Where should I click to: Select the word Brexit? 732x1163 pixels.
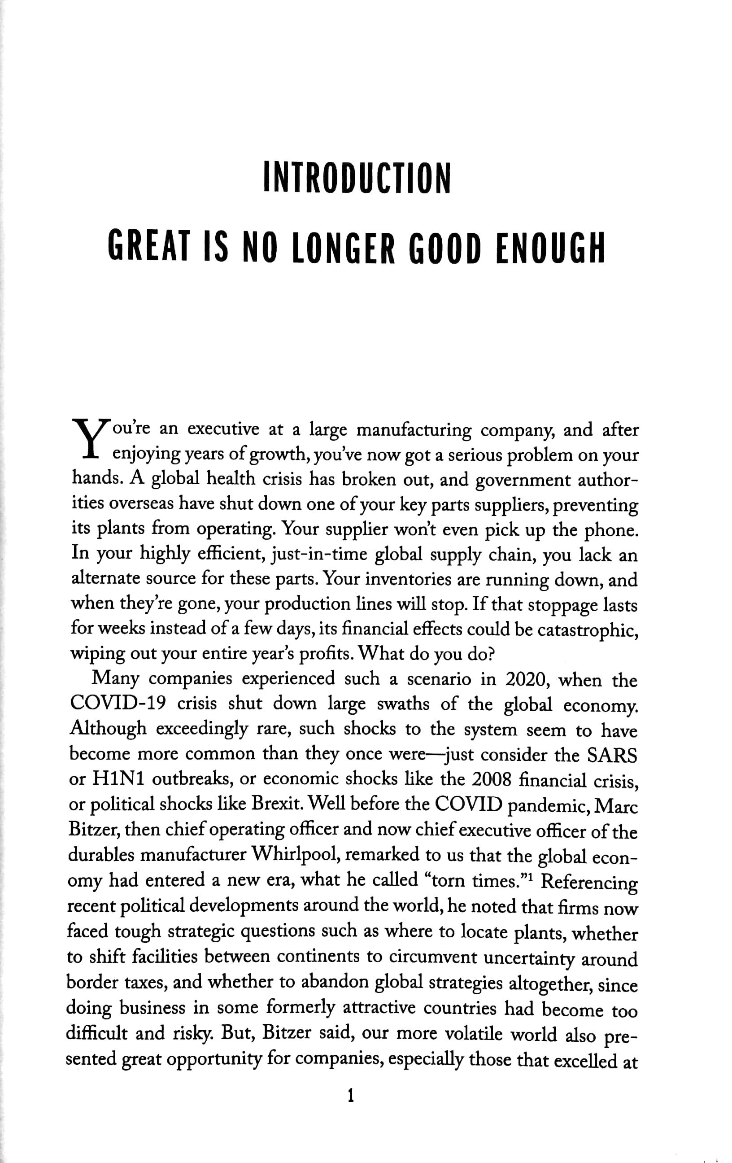point(277,804)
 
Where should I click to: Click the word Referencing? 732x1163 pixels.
point(589,881)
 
